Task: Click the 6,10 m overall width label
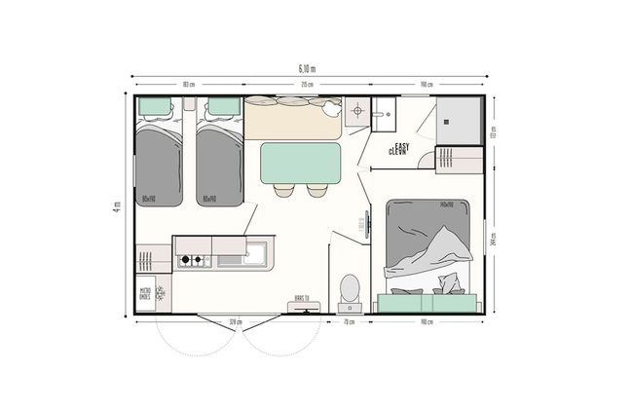tap(307, 68)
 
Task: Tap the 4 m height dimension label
tap(116, 205)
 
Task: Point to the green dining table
tap(301, 163)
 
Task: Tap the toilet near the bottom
tap(350, 288)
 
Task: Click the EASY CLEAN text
tap(399, 149)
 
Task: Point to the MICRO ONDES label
tap(145, 292)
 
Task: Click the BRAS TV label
tap(301, 300)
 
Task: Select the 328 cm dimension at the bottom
tap(235, 321)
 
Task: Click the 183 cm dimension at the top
tap(186, 85)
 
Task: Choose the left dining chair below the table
tap(283, 189)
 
